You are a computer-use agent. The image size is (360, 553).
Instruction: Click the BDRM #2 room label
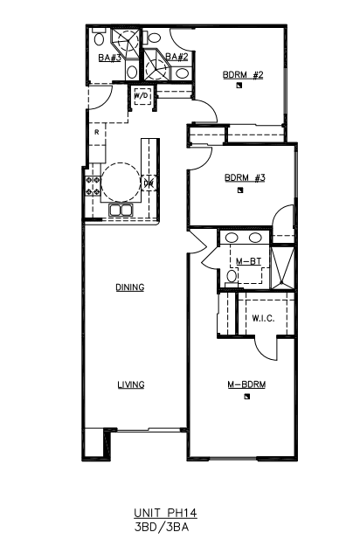[243, 75]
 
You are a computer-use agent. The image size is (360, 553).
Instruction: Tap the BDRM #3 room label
[245, 177]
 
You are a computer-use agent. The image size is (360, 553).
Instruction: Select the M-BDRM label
[246, 384]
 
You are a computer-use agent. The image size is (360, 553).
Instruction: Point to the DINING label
[130, 287]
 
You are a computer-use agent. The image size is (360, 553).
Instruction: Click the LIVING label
[131, 384]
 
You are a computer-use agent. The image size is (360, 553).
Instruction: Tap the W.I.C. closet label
[263, 319]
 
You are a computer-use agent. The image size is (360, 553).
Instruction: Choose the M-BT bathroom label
[248, 261]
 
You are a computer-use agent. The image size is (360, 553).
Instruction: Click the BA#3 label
[109, 58]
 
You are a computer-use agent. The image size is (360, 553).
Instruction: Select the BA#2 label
[177, 57]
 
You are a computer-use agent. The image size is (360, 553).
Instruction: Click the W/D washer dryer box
[142, 95]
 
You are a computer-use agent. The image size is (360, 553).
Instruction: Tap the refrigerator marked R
[97, 133]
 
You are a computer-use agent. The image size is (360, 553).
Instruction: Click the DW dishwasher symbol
[149, 183]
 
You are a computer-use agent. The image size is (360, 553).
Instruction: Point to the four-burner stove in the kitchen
[92, 186]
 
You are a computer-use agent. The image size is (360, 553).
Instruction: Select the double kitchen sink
[121, 210]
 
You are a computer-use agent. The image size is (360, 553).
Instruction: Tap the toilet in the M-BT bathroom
[232, 278]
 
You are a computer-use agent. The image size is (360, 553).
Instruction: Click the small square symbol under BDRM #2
[239, 85]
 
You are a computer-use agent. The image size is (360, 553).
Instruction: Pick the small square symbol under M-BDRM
[246, 396]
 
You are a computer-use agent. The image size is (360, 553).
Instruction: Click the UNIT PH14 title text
[165, 513]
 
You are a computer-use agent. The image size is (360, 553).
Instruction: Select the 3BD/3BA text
[162, 527]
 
